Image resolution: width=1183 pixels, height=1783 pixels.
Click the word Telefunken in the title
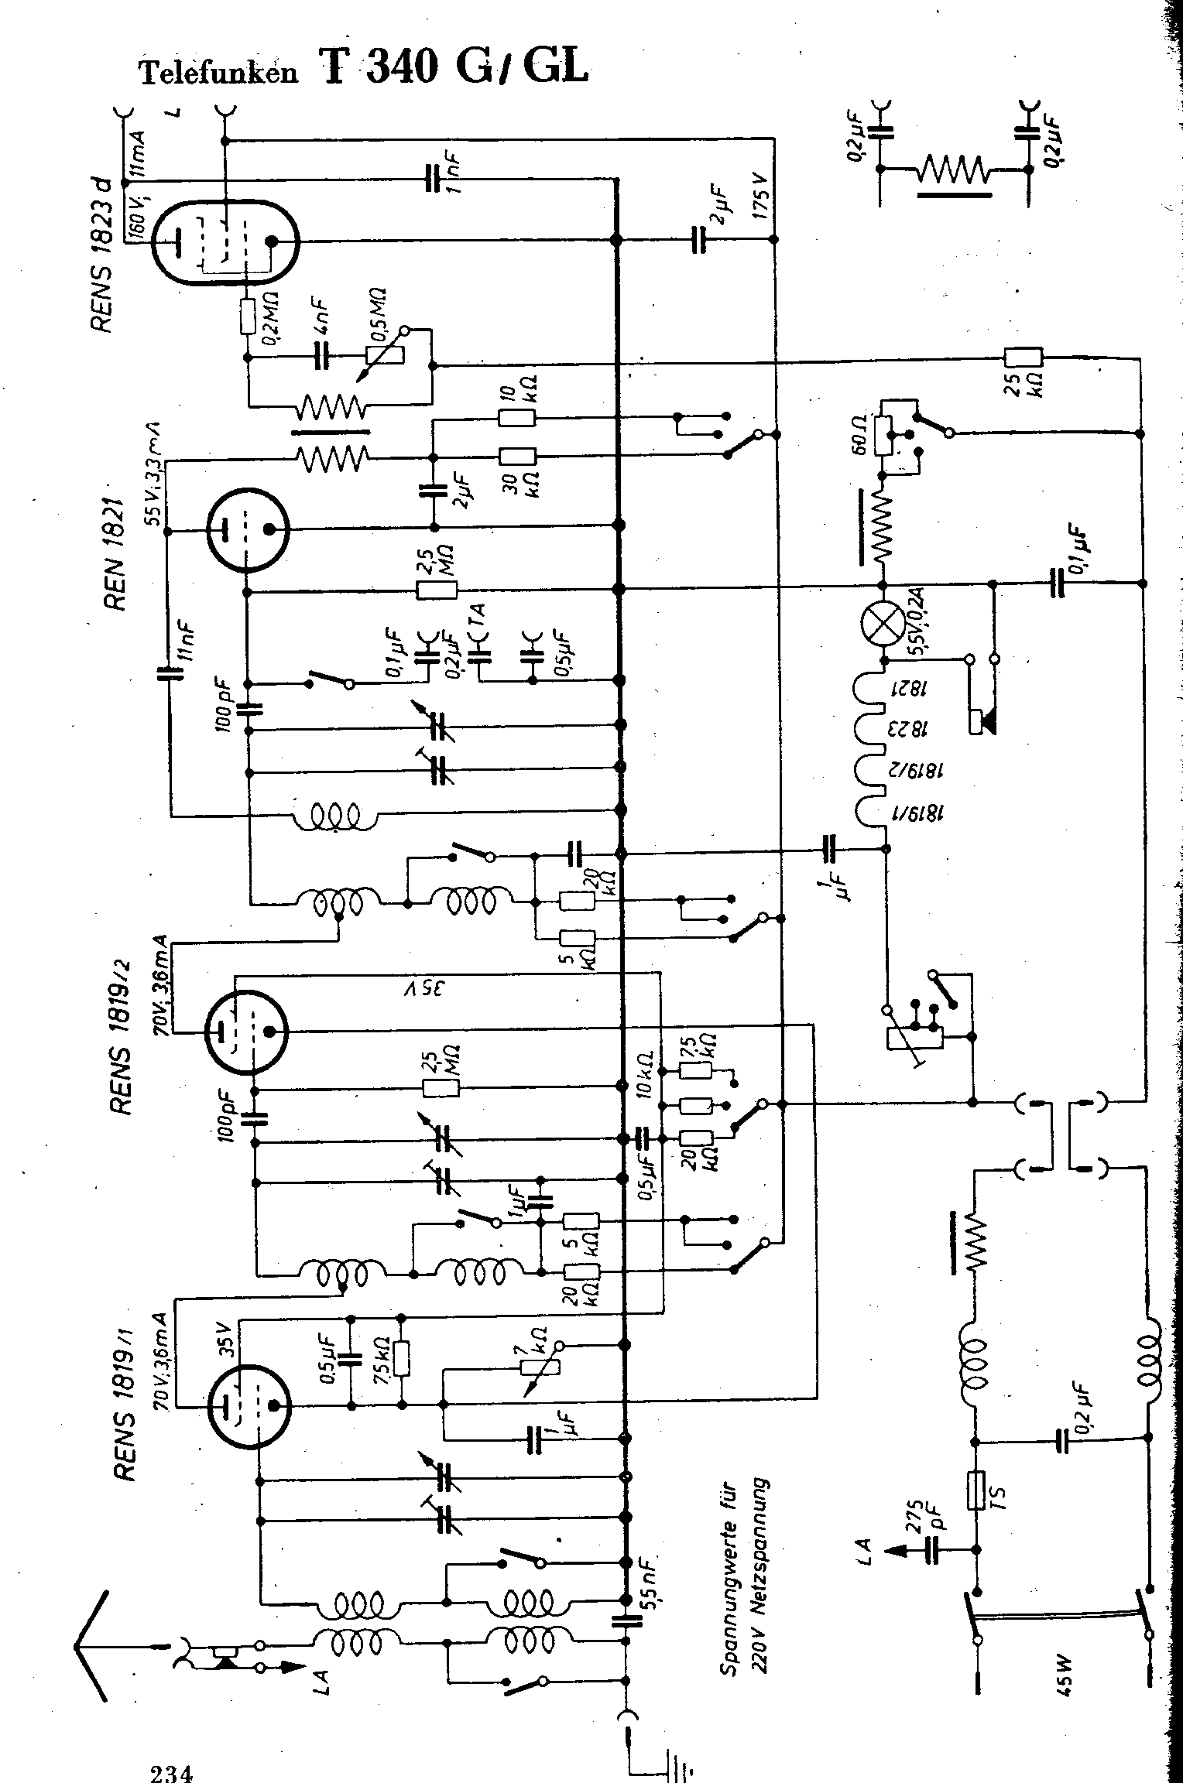tap(218, 72)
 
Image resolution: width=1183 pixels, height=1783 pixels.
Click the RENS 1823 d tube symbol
tap(225, 241)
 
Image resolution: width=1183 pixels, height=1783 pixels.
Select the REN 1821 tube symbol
tap(245, 529)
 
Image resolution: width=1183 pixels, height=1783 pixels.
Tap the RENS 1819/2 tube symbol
tap(245, 1030)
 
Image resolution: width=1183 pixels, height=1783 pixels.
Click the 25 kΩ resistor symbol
tap(1023, 358)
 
